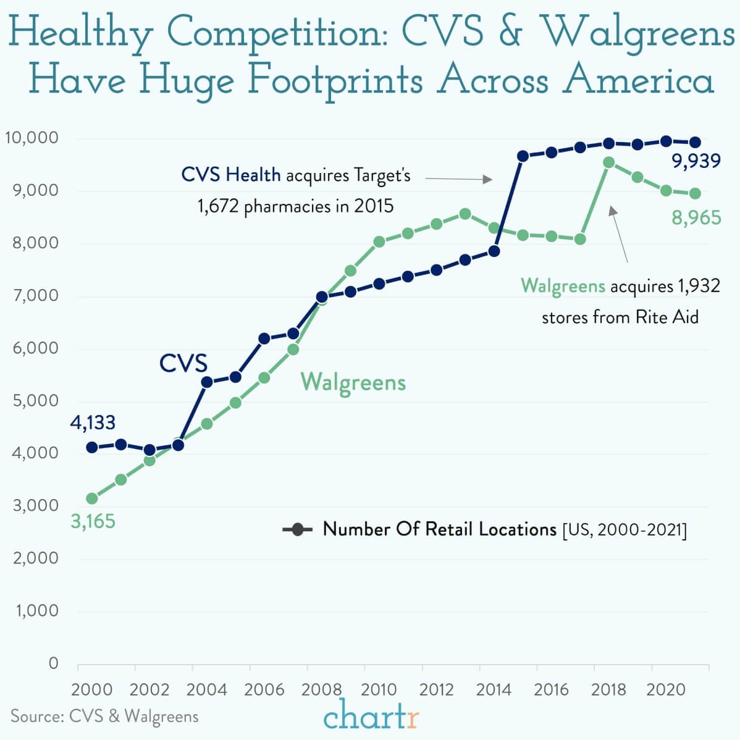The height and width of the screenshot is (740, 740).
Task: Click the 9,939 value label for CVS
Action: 696,162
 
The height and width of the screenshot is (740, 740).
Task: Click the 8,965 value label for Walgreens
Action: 696,217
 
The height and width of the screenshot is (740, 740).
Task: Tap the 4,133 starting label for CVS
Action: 93,423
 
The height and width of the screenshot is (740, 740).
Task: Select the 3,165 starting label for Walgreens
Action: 93,521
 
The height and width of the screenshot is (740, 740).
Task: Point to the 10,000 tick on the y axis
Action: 32,137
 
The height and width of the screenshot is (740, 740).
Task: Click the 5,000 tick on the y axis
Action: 35,400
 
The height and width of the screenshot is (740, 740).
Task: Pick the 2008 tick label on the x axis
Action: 321,689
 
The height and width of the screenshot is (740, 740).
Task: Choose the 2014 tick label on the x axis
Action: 494,689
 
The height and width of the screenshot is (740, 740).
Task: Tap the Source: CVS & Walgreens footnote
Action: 104,717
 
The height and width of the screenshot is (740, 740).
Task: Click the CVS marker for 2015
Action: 523,156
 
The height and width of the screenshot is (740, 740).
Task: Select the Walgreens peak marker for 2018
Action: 608,162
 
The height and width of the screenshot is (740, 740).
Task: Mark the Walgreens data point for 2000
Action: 92,498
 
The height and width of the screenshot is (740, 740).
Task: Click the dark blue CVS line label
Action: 183,363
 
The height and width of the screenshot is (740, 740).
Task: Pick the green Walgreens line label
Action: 353,382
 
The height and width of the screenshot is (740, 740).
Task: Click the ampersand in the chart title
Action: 510,33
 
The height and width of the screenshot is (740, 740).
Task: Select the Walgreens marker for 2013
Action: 465,214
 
